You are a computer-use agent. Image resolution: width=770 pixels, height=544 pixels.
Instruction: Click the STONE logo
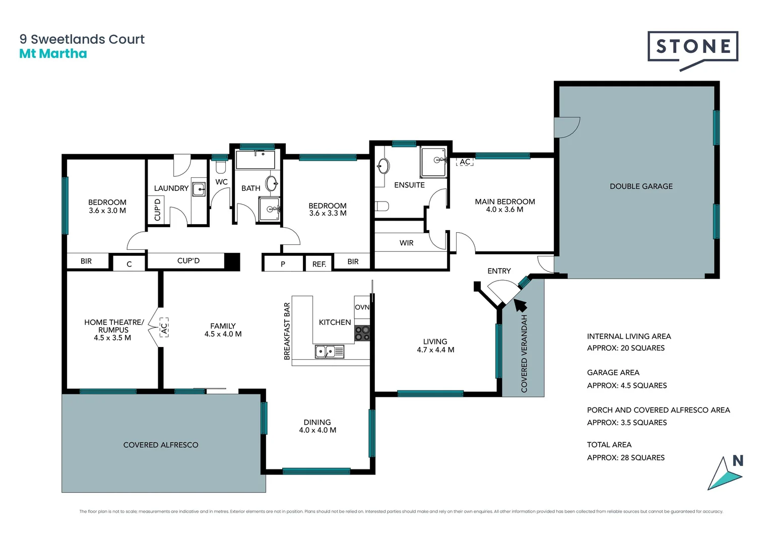point(692,47)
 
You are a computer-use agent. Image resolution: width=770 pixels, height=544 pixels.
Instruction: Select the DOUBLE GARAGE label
point(641,186)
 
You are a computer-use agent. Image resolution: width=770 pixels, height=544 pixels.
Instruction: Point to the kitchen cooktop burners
point(362,333)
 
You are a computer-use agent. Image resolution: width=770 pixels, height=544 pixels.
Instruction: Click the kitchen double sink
point(329,351)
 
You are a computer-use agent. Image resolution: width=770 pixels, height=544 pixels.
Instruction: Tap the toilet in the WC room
point(221,166)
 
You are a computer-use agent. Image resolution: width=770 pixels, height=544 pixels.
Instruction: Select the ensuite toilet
point(382,206)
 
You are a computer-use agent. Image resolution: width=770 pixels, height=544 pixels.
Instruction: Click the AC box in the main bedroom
point(465,162)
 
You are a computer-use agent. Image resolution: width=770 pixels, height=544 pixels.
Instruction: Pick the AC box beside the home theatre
point(164,327)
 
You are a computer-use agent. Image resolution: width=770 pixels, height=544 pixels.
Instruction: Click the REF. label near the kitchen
point(319,264)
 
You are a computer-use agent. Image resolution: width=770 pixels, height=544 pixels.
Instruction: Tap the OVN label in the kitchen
point(362,307)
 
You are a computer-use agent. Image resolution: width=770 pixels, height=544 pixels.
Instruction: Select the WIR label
point(406,243)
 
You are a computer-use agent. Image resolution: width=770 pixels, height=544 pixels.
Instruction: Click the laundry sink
point(199,189)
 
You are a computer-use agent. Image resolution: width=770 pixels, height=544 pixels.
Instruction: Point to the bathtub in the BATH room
point(255,160)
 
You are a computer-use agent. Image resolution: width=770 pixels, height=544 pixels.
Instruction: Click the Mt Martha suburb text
point(53,54)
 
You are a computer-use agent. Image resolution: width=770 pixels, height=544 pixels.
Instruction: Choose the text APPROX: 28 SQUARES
point(625,457)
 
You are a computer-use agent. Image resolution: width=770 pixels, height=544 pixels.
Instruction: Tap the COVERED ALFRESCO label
point(161,445)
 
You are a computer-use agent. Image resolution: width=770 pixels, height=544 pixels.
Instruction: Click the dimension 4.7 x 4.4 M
point(435,350)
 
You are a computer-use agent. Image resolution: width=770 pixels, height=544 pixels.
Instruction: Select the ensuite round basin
point(383,166)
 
